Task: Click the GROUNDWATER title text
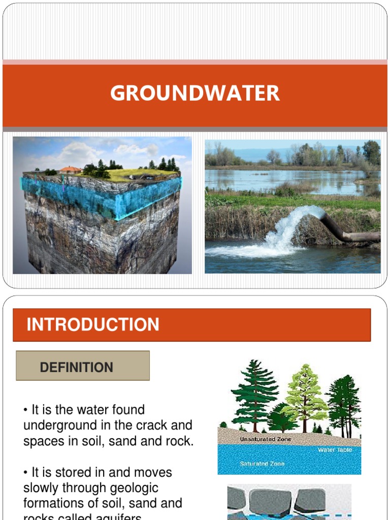pyautogui.click(x=195, y=93)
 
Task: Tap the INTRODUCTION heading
pyautogui.click(x=93, y=325)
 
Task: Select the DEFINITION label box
pyautogui.click(x=83, y=366)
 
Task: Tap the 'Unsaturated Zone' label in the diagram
pyautogui.click(x=266, y=439)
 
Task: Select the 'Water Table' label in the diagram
pyautogui.click(x=335, y=450)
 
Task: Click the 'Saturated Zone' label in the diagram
pyautogui.click(x=262, y=464)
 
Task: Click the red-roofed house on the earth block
pyautogui.click(x=71, y=170)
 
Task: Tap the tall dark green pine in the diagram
pyautogui.click(x=255, y=394)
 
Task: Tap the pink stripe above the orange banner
pyautogui.click(x=195, y=62)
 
